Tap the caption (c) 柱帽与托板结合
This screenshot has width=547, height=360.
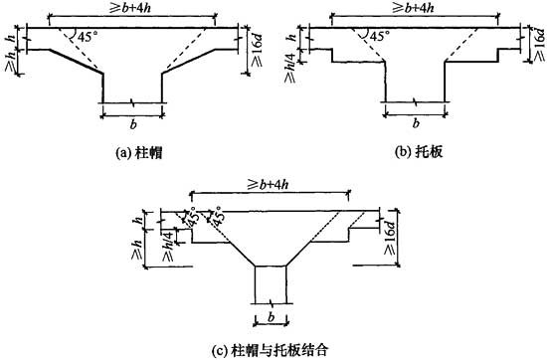tap(272, 347)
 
